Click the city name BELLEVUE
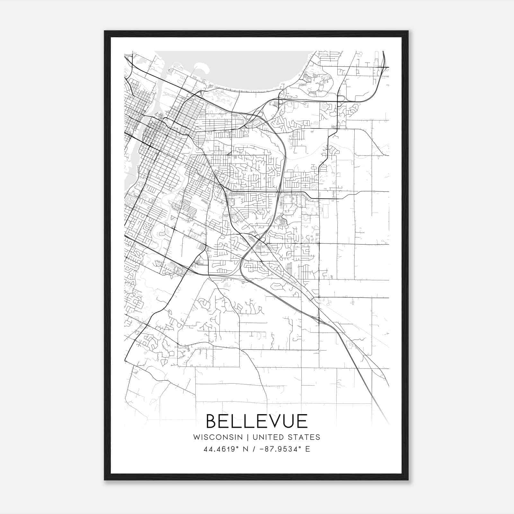click(257, 421)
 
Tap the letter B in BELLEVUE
click(212, 421)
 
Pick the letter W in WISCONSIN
click(196, 437)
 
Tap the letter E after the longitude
click(308, 449)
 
